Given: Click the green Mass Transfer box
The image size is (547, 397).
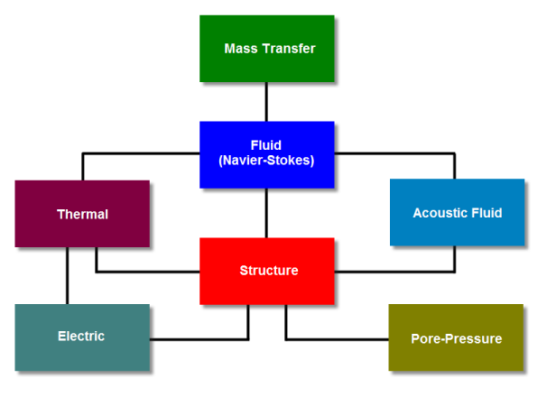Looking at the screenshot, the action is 267,49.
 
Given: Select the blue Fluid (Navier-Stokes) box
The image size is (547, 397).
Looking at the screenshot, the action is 267,154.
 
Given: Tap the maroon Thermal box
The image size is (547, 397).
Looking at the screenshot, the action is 82,214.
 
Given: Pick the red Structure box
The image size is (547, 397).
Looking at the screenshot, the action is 267,271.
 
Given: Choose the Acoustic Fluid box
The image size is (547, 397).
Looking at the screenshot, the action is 457,212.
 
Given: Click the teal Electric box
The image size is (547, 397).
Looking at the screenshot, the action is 82,337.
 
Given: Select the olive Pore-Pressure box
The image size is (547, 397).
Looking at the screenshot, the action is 456,337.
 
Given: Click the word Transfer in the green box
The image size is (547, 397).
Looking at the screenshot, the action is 289,49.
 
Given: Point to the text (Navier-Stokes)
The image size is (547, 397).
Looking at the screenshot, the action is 266,161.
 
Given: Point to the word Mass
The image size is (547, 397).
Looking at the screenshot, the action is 241,49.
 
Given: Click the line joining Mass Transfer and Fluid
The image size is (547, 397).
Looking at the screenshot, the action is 266,102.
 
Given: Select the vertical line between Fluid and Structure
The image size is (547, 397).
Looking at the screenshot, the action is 266,213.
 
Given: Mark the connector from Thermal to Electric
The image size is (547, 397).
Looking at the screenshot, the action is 68,275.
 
